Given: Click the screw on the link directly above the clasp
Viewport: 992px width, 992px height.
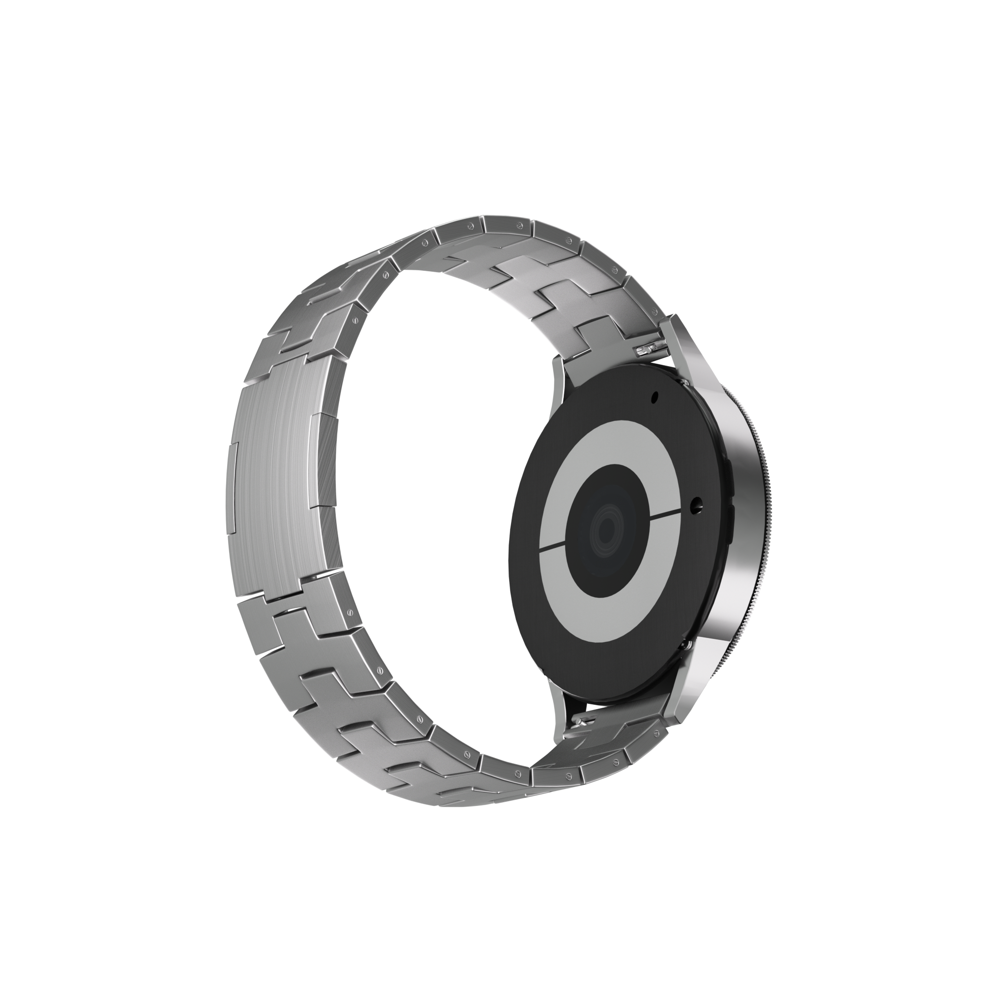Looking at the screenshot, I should click(x=354, y=320).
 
